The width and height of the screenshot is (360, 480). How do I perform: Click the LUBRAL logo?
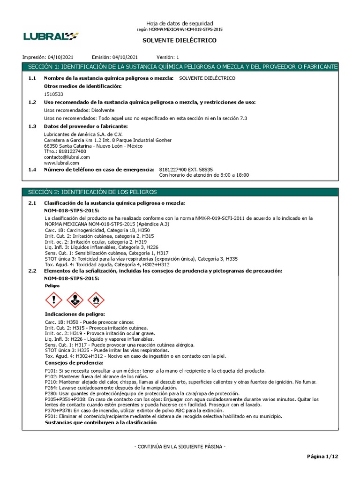[x=51, y=36]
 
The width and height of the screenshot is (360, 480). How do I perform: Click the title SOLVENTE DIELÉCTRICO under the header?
[x=180, y=40]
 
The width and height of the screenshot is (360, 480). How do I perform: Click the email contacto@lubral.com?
[x=66, y=157]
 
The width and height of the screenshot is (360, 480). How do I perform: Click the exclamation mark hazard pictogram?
[x=53, y=300]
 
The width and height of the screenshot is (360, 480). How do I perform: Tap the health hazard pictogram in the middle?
[x=75, y=300]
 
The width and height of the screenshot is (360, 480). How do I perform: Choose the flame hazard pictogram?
[x=96, y=300]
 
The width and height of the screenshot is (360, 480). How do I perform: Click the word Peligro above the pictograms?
[x=52, y=285]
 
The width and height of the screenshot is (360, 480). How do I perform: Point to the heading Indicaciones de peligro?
[x=75, y=314]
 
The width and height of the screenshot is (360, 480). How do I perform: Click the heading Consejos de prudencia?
[x=74, y=363]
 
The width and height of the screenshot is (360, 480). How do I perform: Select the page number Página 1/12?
[x=322, y=456]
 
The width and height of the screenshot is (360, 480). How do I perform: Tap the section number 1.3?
[x=32, y=126]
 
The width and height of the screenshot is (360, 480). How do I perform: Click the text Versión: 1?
[x=168, y=57]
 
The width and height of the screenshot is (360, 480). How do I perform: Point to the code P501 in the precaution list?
[x=50, y=416]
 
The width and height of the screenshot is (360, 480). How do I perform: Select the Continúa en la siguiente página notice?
[x=180, y=447]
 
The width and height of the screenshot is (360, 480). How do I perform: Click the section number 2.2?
[x=32, y=271]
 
